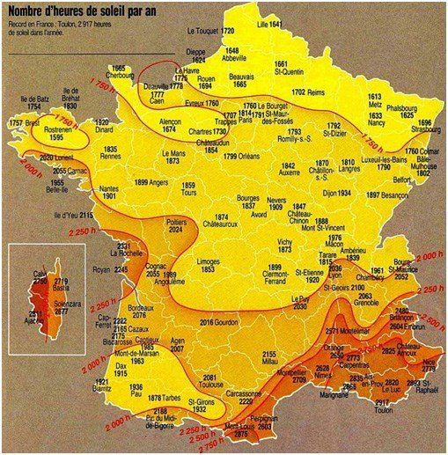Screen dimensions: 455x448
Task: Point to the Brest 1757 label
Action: click(x=24, y=123)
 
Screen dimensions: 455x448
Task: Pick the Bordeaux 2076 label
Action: click(x=144, y=311)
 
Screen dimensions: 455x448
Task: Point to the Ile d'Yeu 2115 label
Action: click(x=73, y=215)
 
